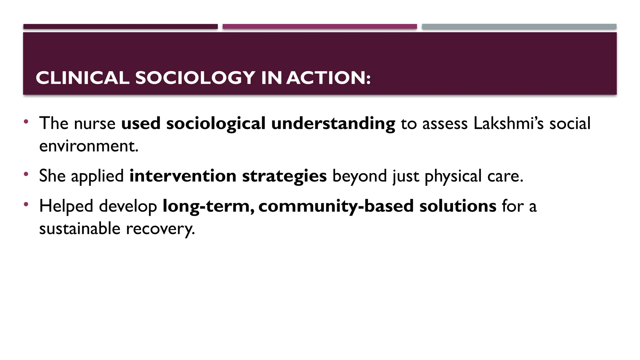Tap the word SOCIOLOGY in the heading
pos(195,78)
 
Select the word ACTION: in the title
pos(328,78)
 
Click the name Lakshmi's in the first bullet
pos(509,123)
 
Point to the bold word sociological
pos(216,123)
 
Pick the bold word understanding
pos(333,123)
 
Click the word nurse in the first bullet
pos(95,123)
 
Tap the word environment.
pos(88,146)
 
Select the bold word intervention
pos(183,176)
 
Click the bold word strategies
pos(284,176)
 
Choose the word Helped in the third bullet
pos(66,206)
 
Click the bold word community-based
pos(336,206)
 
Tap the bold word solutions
pos(458,206)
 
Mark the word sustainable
pos(80,229)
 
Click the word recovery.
pos(160,229)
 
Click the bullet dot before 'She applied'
pos(26,174)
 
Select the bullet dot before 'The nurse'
pos(26,121)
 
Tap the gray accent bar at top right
pos(519,27)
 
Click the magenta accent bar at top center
pos(320,27)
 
